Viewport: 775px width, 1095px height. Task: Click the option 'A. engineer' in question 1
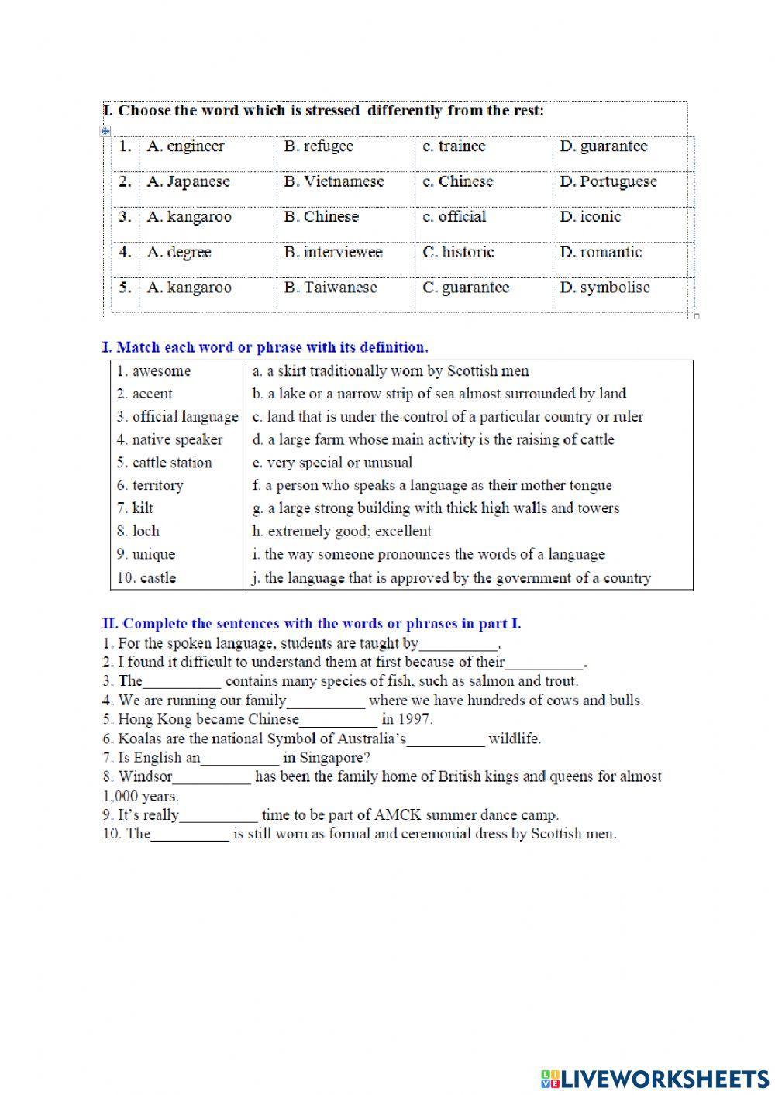(x=185, y=146)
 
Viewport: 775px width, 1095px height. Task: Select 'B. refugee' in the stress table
(x=319, y=146)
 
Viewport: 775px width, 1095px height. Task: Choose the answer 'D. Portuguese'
(x=608, y=182)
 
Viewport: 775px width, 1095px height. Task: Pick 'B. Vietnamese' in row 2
(x=334, y=182)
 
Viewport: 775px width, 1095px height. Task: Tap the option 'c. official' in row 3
(x=454, y=217)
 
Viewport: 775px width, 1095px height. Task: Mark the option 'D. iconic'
(x=591, y=217)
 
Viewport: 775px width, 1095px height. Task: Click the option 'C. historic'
(x=458, y=253)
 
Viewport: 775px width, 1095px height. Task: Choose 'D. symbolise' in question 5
(x=605, y=288)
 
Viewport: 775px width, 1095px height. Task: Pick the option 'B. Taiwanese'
(x=330, y=288)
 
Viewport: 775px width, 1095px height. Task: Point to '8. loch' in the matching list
(x=138, y=532)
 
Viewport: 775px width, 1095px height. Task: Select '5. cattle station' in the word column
(x=164, y=463)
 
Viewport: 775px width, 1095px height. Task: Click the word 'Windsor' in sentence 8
(x=145, y=776)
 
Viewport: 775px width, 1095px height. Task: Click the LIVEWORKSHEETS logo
(x=654, y=1078)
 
